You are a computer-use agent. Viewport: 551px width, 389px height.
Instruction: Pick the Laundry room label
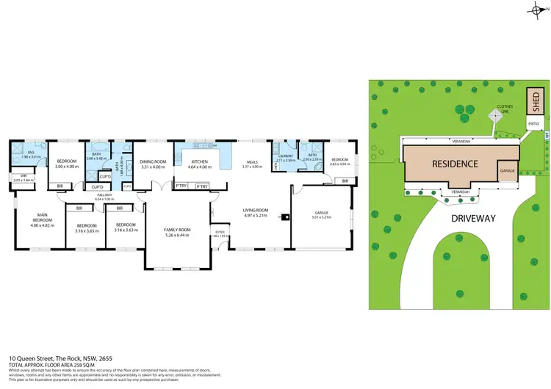[x=287, y=155]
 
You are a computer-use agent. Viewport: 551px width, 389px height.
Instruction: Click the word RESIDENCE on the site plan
[x=455, y=164]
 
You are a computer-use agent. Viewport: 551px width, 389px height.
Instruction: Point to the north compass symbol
[x=534, y=8]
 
